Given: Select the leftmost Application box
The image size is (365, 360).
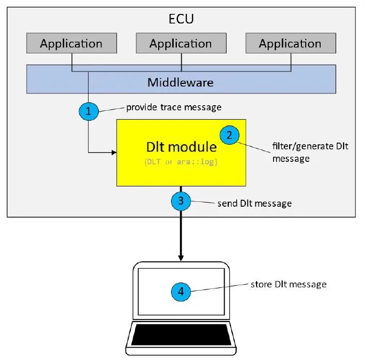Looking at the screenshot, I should tap(71, 43).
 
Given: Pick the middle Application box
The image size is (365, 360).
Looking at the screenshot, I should tap(181, 43).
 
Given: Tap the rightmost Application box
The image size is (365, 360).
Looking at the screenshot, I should tap(290, 43).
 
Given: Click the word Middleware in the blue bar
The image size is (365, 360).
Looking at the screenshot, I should tap(181, 82).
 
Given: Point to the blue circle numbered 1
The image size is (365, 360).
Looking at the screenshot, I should tap(88, 111).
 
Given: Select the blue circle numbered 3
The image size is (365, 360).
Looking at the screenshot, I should tap(181, 201).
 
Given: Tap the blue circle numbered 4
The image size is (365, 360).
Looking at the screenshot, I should tap(181, 292).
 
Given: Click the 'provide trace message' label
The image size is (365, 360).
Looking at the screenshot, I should tap(173, 107).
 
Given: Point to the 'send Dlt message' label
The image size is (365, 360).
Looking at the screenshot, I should tap(254, 204).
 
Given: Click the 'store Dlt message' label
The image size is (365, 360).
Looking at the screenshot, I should tap(288, 284).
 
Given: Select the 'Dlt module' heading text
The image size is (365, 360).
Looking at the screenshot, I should tap(181, 147).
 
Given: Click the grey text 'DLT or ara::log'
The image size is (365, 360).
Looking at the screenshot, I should tap(181, 162).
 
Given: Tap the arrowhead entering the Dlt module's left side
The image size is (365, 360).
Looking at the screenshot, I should tap(113, 153).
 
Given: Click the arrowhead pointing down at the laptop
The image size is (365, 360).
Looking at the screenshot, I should tap(181, 257).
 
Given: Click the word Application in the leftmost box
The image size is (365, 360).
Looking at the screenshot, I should tap(71, 43).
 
